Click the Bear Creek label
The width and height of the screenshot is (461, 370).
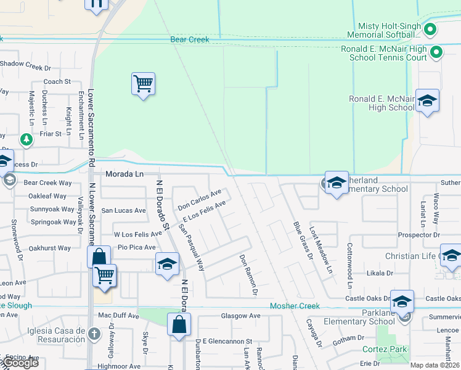(x=190, y=39)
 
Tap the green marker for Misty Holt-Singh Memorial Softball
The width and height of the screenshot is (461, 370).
(x=431, y=28)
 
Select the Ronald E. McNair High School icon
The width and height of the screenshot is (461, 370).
(x=426, y=100)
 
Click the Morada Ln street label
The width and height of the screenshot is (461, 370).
(x=124, y=175)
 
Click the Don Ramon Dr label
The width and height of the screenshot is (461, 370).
(x=247, y=275)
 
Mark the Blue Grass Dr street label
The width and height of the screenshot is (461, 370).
(x=301, y=240)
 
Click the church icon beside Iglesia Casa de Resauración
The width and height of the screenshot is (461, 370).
(x=94, y=334)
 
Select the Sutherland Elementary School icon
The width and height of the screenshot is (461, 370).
(x=337, y=182)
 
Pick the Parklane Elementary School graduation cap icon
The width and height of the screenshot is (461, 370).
(x=401, y=302)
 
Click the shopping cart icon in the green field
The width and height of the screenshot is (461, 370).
(x=143, y=83)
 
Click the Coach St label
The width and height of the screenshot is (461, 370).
(x=57, y=81)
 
